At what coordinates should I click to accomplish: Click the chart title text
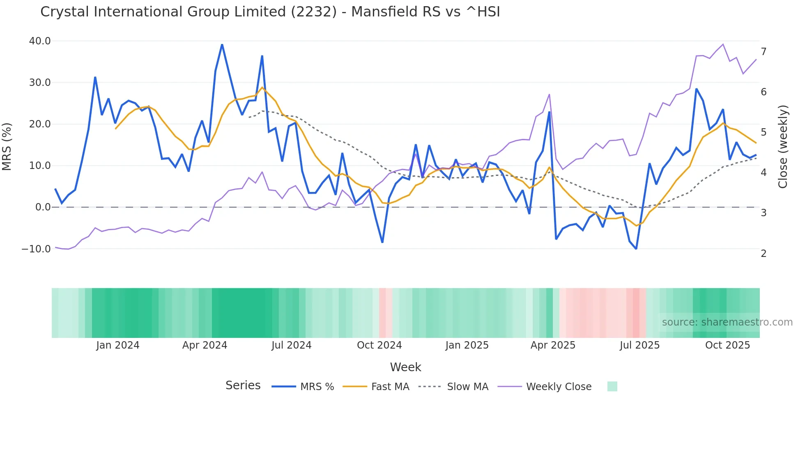coord(270,12)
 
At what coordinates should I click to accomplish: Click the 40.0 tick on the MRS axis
coord(40,41)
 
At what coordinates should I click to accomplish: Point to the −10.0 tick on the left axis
coord(36,249)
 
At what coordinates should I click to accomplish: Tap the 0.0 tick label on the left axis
coord(43,207)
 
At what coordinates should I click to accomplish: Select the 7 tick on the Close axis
coord(764,52)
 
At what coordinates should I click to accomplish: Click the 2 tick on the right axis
coord(764,254)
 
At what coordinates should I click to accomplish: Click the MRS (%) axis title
coord(7,146)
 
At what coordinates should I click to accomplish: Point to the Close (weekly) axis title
coord(783,146)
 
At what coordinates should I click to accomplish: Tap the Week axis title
coord(405,367)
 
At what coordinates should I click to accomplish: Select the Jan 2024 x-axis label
coord(118,345)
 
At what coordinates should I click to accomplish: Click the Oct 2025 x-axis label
coord(727,345)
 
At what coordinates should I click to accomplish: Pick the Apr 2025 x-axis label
coord(553,345)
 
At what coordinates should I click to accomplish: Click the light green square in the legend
coord(612,386)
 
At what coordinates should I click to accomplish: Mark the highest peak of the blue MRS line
coord(222,44)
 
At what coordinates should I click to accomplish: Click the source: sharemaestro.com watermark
coord(727,322)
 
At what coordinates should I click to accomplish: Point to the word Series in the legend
coord(243,386)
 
